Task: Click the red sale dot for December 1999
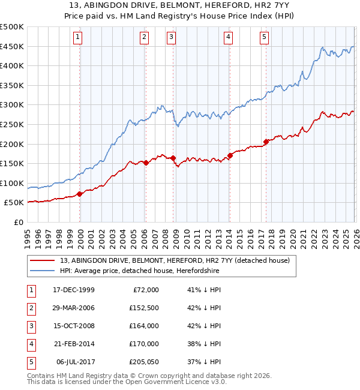coord(80,194)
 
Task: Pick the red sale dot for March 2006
coord(146,162)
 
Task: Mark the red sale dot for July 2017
coord(266,142)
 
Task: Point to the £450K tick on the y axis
coord(12,47)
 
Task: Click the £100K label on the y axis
coord(12,183)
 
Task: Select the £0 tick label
coord(19,222)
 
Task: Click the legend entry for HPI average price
coord(139,271)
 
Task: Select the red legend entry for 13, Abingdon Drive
coord(175,260)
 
